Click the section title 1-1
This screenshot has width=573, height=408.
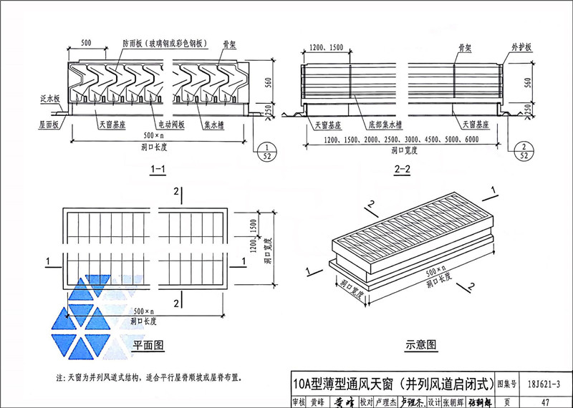[x=158, y=170]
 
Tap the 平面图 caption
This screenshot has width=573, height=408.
[x=148, y=346]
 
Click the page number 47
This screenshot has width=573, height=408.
[x=546, y=402]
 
